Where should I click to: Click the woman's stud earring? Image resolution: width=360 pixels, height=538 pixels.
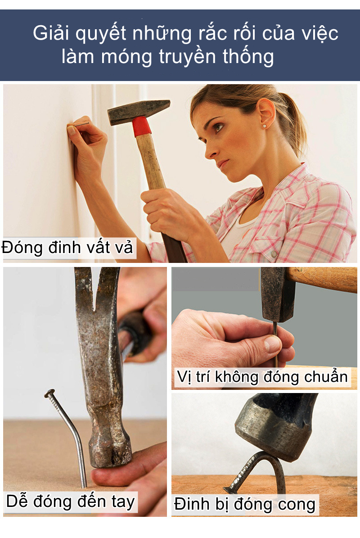265,127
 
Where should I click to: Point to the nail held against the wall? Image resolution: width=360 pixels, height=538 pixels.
81,124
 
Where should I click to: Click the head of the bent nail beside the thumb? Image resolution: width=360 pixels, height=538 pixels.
49,394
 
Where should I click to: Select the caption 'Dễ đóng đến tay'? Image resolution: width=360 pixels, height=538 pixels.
70,501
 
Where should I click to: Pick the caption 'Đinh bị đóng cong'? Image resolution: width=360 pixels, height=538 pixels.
245,504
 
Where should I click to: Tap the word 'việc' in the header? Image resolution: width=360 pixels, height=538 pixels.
320,34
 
